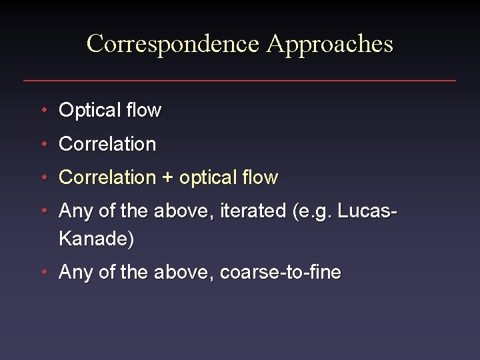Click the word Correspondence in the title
pyautogui.click(x=173, y=44)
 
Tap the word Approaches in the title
pyautogui.click(x=329, y=44)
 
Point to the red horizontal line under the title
pyautogui.click(x=240, y=81)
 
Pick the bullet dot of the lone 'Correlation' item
pyautogui.click(x=43, y=143)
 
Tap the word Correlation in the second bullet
pyautogui.click(x=107, y=144)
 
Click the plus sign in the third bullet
pyautogui.click(x=167, y=178)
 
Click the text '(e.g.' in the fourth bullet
pyautogui.click(x=312, y=212)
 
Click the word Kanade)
pyautogui.click(x=97, y=239)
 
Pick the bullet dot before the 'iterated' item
pyautogui.click(x=43, y=211)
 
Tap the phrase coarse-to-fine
pyautogui.click(x=280, y=272)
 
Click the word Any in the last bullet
pyautogui.click(x=75, y=273)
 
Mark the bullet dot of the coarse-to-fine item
pyautogui.click(x=43, y=271)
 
